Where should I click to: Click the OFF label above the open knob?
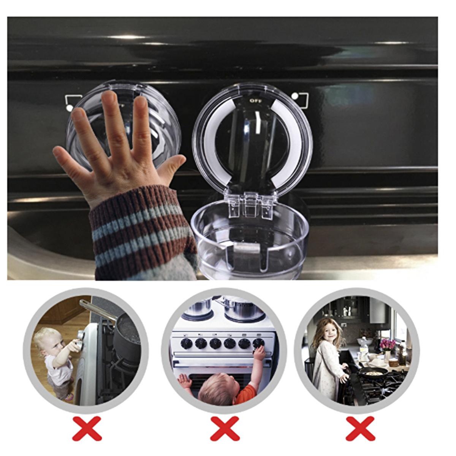[x=256, y=101]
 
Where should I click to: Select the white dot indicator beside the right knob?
[x=295, y=97]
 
